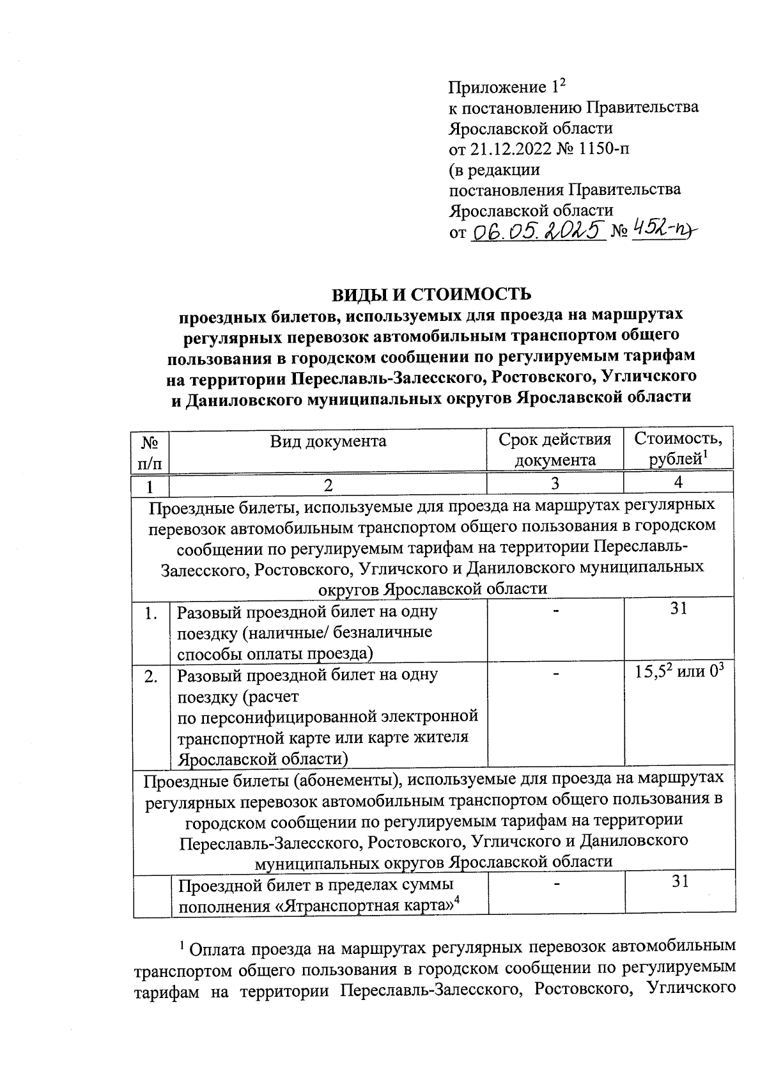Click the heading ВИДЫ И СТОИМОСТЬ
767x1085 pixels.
(x=431, y=294)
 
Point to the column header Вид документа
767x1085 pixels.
(x=328, y=441)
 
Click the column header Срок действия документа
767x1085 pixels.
(x=555, y=449)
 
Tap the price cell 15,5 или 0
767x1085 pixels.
(x=679, y=672)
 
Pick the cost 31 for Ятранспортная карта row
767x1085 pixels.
(x=679, y=882)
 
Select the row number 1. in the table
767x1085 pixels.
(x=151, y=614)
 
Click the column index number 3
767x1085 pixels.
(x=555, y=484)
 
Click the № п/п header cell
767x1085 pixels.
(x=150, y=450)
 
